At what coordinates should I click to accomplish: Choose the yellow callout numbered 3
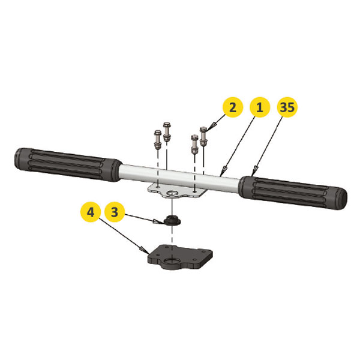point(115,212)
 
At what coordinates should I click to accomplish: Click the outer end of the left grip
point(17,158)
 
